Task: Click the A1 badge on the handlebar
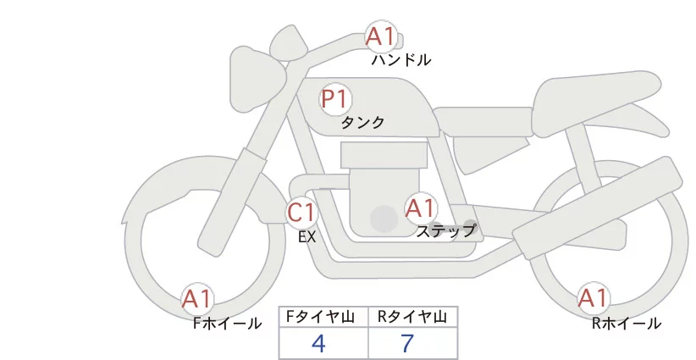click(x=380, y=37)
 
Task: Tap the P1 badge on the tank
click(x=335, y=99)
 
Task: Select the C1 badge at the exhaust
click(x=301, y=212)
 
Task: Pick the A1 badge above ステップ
click(x=420, y=208)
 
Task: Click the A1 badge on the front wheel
click(x=197, y=299)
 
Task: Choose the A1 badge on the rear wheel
click(x=593, y=298)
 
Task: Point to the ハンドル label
click(x=400, y=60)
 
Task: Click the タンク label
click(x=362, y=123)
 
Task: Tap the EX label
click(x=307, y=237)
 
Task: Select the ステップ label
click(x=446, y=230)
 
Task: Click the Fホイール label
click(x=227, y=323)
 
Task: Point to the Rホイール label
click(x=627, y=323)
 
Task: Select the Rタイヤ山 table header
click(x=412, y=317)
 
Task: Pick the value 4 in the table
click(x=319, y=344)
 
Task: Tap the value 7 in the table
click(x=407, y=344)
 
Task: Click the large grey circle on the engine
click(x=384, y=219)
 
